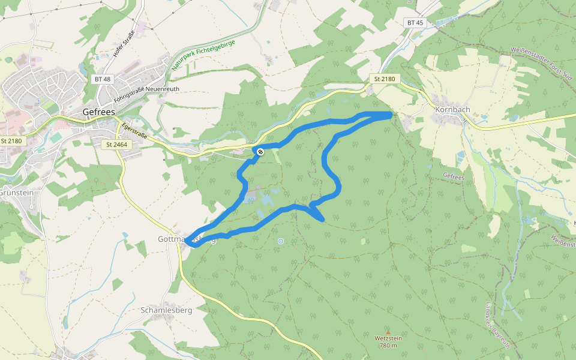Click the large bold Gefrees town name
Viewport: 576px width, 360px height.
[x=99, y=112]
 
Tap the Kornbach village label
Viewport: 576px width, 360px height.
[x=452, y=110]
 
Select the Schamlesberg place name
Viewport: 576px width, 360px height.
[x=166, y=310]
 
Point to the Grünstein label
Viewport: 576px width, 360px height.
[x=16, y=193]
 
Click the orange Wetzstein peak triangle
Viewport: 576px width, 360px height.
[x=388, y=332]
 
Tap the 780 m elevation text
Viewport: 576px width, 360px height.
[x=388, y=345]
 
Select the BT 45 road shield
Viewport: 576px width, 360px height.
[x=415, y=23]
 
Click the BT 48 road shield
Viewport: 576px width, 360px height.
[x=103, y=79]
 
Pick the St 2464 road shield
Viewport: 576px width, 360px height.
[x=116, y=144]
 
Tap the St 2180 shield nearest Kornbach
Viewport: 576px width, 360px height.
[x=384, y=79]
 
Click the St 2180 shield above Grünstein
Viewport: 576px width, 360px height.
[x=11, y=140]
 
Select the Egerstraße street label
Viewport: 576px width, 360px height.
[x=134, y=130]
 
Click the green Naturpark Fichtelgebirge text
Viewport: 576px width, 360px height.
[x=202, y=56]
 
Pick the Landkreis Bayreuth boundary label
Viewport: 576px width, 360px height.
[x=498, y=325]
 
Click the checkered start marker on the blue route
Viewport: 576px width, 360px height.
[x=260, y=152]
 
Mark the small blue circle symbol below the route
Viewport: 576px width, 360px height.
[x=280, y=241]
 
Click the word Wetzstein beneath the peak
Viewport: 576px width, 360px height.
[x=388, y=338]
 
